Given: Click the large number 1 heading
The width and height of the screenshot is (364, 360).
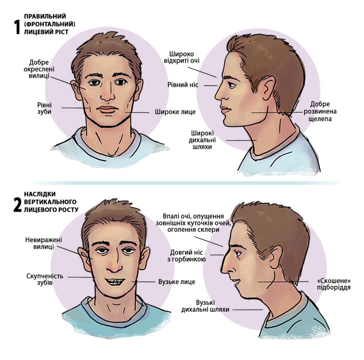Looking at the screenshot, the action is [x=17, y=27].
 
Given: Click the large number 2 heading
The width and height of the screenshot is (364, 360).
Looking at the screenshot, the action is [x=17, y=205].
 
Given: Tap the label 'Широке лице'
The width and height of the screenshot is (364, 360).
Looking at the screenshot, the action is [x=175, y=112].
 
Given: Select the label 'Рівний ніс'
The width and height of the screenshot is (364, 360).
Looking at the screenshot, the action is [x=183, y=85].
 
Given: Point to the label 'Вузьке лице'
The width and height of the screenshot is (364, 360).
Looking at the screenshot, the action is [x=177, y=282].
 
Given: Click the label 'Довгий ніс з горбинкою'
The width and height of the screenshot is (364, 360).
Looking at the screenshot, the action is [x=186, y=255].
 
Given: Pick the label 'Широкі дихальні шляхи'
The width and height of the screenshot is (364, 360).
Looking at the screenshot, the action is [x=202, y=140].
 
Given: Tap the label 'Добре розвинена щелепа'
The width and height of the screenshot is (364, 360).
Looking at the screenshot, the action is [x=320, y=111].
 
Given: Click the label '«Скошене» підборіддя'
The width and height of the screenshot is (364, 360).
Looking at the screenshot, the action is [x=333, y=284].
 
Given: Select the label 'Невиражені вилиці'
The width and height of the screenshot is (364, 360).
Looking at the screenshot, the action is [x=44, y=243].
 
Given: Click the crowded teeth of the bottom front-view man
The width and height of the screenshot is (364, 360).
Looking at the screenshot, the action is [x=115, y=282].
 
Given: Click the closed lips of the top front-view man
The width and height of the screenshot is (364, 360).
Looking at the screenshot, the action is [x=107, y=109].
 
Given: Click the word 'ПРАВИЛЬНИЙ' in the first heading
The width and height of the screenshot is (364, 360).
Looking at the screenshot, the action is [x=45, y=16].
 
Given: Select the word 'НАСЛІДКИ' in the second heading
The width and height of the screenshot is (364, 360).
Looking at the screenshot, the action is [x=40, y=194].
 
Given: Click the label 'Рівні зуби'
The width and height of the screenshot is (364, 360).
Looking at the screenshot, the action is [x=44, y=108].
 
